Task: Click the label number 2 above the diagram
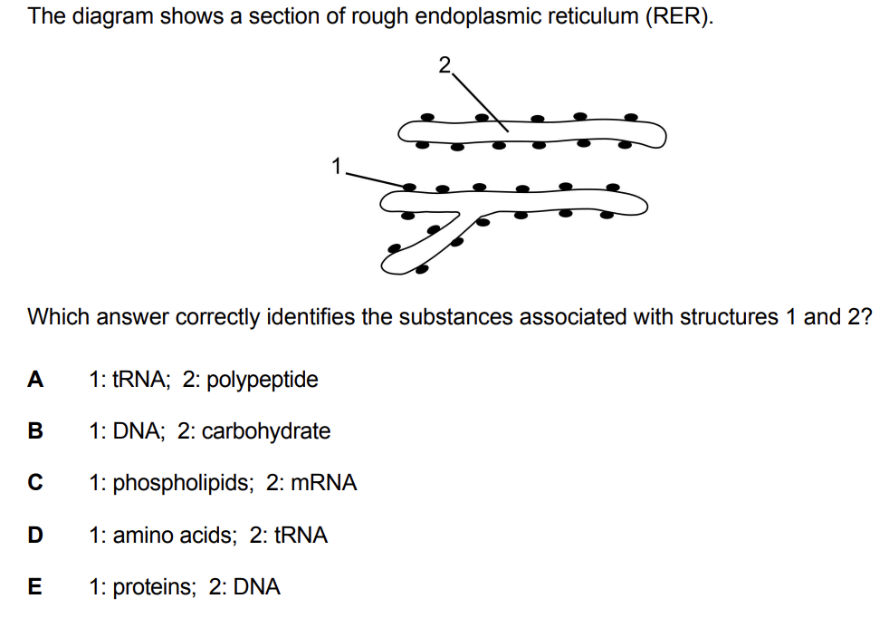click(x=444, y=64)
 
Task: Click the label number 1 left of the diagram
click(x=337, y=166)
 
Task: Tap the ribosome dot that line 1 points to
click(x=409, y=187)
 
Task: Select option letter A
click(x=35, y=379)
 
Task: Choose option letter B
click(x=35, y=431)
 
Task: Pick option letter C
click(x=35, y=483)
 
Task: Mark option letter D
click(x=35, y=536)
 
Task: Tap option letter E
click(x=34, y=587)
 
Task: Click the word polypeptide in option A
click(x=262, y=381)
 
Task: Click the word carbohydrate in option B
click(x=266, y=432)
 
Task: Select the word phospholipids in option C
click(x=183, y=484)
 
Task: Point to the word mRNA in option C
click(x=324, y=483)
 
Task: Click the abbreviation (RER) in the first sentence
click(x=678, y=16)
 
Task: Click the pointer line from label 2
click(x=480, y=102)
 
